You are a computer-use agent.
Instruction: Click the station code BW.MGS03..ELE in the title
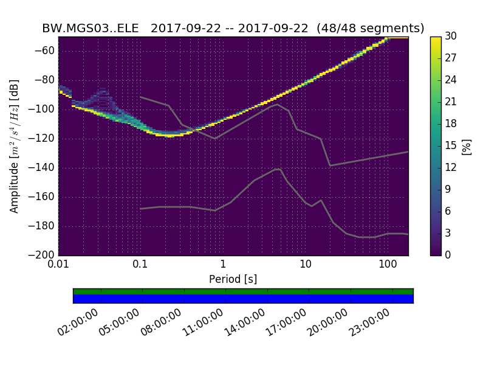pyautogui.click(x=92, y=29)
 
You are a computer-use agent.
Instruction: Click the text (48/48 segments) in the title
pyautogui.click(x=375, y=29)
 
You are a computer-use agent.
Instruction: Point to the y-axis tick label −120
pyautogui.click(x=41, y=138)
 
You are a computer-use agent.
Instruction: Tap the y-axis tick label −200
pyautogui.click(x=41, y=255)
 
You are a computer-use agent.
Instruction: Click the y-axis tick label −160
pyautogui.click(x=41, y=196)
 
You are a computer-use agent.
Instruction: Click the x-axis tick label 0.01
pyautogui.click(x=58, y=265)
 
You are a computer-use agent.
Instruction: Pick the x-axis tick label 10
pyautogui.click(x=306, y=265)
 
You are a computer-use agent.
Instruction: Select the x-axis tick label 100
pyautogui.click(x=388, y=265)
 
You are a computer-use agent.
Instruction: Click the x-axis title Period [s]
pyautogui.click(x=233, y=279)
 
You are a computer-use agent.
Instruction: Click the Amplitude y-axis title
pyautogui.click(x=15, y=146)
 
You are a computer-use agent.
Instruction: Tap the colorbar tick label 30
pyautogui.click(x=451, y=36)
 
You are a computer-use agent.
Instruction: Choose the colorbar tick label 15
pyautogui.click(x=451, y=145)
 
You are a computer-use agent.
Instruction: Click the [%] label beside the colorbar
pyautogui.click(x=467, y=146)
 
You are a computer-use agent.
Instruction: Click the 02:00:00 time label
pyautogui.click(x=78, y=322)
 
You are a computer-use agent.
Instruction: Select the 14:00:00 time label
pyautogui.click(x=244, y=322)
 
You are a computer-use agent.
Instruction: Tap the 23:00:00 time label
pyautogui.click(x=369, y=322)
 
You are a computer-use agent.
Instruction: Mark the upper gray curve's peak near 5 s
pyautogui.click(x=277, y=104)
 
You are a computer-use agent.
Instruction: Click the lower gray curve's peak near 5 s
pyautogui.click(x=278, y=169)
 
